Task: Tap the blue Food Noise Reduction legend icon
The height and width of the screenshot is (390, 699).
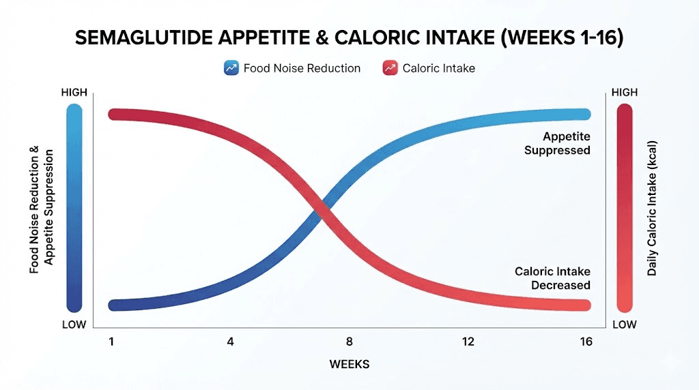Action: tap(231, 68)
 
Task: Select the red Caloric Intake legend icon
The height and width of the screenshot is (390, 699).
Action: tap(390, 68)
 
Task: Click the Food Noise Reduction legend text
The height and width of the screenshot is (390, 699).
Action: tap(302, 68)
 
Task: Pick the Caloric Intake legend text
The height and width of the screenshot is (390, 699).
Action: tap(438, 68)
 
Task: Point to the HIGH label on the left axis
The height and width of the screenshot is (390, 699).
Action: tap(74, 92)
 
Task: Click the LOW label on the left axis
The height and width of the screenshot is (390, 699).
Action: tap(74, 325)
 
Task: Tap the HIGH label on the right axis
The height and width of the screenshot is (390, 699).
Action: tap(624, 92)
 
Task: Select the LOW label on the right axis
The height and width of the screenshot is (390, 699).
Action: tap(624, 325)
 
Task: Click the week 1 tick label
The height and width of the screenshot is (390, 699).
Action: tap(111, 341)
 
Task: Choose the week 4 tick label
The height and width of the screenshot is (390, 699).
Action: tap(230, 341)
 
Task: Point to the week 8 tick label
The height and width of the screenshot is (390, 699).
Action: tap(349, 341)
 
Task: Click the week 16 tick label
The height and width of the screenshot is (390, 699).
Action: tap(585, 341)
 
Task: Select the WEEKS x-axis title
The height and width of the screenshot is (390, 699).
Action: tap(349, 364)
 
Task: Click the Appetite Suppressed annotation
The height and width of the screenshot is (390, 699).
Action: tap(557, 143)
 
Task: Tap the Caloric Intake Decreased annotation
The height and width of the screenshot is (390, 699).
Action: tap(552, 278)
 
